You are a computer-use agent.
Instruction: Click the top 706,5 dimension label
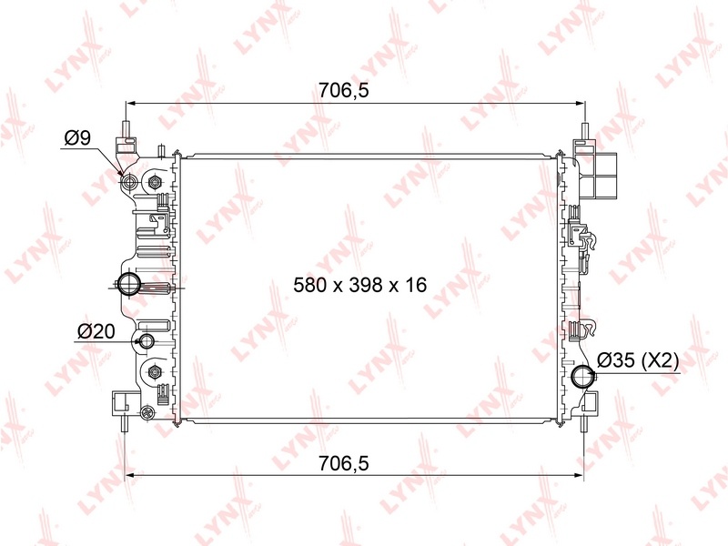[344, 90]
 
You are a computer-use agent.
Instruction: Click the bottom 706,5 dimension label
[344, 463]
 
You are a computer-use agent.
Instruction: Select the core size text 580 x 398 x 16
[359, 285]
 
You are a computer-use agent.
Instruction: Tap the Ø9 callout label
[77, 137]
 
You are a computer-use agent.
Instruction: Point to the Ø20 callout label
[96, 331]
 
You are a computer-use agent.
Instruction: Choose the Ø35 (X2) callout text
[638, 359]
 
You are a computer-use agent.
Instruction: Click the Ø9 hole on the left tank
[128, 181]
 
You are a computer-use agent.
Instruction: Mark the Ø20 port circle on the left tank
[147, 340]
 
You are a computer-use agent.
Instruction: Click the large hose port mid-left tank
[127, 284]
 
